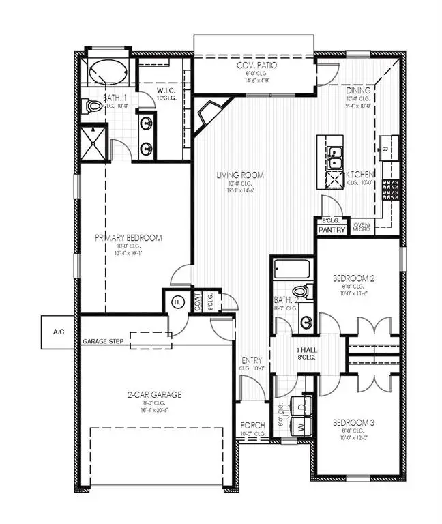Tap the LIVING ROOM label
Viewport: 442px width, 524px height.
240,175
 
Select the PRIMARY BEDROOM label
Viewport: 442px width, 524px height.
128,237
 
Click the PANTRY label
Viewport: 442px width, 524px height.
331,230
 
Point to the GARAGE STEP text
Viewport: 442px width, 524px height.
103,340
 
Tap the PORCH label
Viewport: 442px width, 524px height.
252,425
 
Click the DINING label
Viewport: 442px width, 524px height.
358,90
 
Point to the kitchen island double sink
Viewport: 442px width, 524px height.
334,158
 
